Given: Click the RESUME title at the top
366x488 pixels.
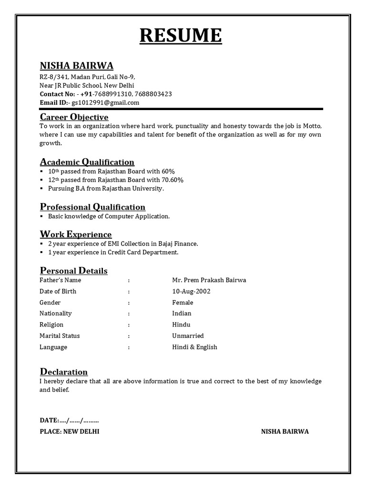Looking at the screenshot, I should (181, 36).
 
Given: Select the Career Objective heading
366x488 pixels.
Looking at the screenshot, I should (74, 117).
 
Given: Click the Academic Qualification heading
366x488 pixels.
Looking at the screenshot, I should (87, 162).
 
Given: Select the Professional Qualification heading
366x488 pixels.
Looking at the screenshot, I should (92, 207).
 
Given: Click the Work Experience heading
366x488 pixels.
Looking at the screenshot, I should (76, 234).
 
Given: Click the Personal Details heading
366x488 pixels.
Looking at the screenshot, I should (73, 271).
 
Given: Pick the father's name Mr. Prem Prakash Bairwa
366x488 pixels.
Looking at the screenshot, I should (209, 280).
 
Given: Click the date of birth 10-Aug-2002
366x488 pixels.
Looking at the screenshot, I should (191, 291).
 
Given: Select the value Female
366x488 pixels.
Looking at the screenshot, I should (183, 303).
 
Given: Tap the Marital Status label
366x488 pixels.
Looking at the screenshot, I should (60, 336).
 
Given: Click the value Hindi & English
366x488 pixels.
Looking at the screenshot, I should (194, 347).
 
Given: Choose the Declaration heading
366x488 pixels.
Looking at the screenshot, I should (63, 372).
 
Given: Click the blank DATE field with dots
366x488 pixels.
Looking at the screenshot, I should (79, 420).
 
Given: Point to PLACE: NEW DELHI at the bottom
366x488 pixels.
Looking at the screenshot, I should (70, 431).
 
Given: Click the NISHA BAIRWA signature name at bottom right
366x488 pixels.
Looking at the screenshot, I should (285, 431).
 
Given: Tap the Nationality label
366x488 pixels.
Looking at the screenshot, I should (55, 314).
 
